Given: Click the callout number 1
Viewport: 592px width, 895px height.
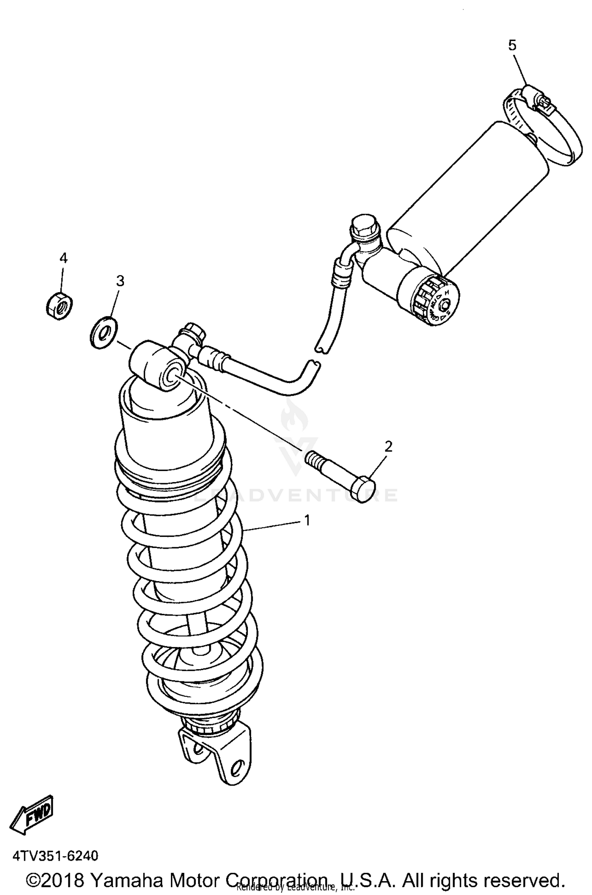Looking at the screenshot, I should click(x=307, y=520).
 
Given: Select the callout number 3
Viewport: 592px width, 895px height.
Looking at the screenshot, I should click(x=120, y=281).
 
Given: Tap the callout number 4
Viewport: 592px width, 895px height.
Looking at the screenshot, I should click(x=63, y=258).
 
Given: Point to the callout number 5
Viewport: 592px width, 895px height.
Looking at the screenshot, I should click(x=512, y=46).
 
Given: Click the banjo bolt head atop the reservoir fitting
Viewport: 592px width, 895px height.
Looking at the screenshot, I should click(x=363, y=227).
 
